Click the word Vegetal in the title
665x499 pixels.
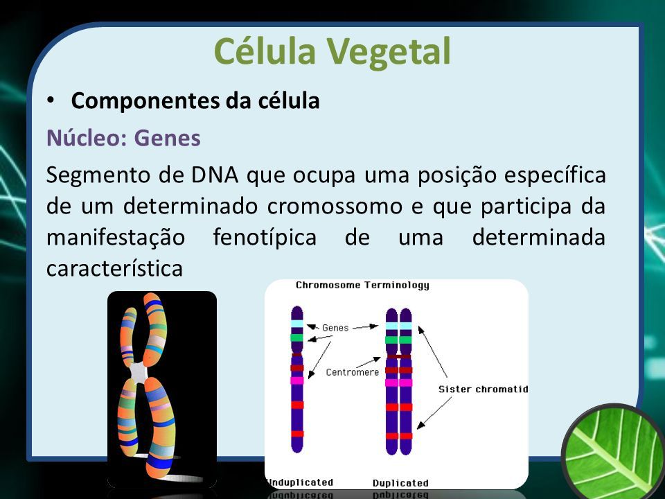[388, 51]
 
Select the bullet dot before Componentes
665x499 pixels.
[51, 100]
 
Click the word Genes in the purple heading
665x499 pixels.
[167, 138]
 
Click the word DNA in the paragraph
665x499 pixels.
[215, 175]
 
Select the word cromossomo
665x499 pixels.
[335, 207]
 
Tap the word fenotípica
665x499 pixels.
[265, 237]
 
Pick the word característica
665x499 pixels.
[114, 268]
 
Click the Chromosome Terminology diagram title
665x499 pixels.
[362, 285]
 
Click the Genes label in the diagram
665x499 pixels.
[335, 328]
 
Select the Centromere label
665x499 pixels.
[353, 372]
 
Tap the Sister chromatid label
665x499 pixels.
[483, 389]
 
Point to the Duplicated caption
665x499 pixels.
[400, 483]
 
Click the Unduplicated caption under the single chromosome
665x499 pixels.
[300, 482]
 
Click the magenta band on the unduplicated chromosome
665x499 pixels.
[297, 380]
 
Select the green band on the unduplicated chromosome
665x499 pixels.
[297, 338]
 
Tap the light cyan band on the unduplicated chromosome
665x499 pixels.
[297, 324]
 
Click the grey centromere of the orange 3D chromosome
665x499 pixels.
[139, 373]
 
